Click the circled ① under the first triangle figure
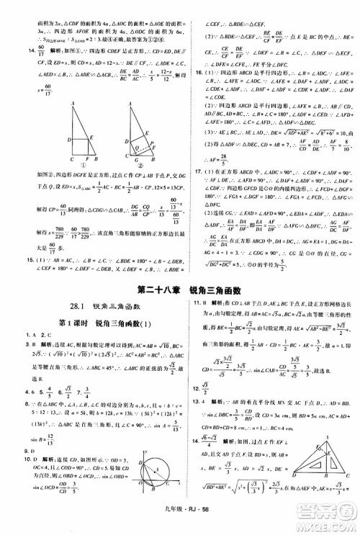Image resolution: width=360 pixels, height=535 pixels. tap(79, 164)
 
